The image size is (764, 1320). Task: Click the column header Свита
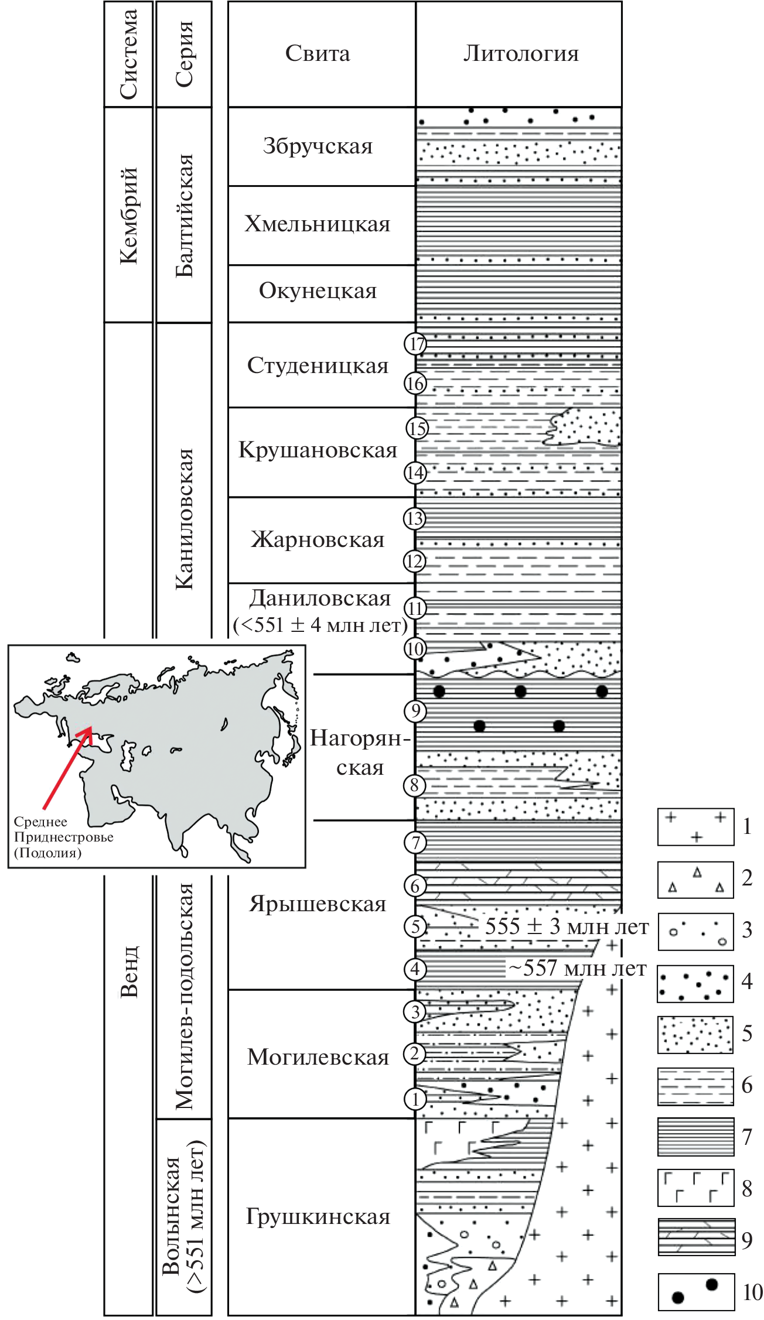point(318,54)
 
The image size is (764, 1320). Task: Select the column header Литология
point(520,54)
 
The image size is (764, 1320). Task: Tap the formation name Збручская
point(318,146)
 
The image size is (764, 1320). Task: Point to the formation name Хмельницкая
point(318,224)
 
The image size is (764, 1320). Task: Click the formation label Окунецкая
point(318,291)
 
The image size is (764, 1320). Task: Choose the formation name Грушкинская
point(318,1216)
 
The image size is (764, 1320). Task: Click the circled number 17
point(416,344)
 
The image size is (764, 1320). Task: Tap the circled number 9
point(415,711)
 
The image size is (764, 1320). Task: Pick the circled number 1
point(415,1099)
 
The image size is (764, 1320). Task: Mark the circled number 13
point(415,518)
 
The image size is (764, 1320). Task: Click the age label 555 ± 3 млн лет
point(567,928)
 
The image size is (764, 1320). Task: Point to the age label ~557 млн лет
point(577,969)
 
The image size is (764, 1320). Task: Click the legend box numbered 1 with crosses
point(695,826)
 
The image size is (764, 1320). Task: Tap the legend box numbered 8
point(695,1188)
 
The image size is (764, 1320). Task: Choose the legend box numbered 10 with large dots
point(695,1291)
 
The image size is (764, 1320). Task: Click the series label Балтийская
point(185,215)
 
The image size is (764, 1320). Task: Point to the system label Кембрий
point(128,215)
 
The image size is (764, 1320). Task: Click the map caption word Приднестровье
point(64,837)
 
